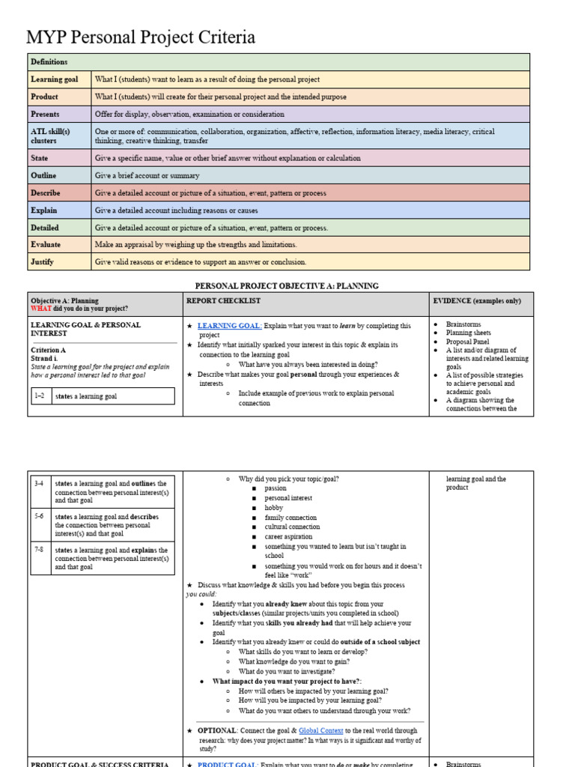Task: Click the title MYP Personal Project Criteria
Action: [x=141, y=37]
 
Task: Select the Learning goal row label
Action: [x=55, y=79]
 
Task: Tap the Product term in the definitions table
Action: [x=44, y=97]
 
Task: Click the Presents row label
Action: [x=45, y=114]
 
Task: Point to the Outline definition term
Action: [x=44, y=175]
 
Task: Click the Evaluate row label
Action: [x=46, y=244]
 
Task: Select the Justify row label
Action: [x=43, y=262]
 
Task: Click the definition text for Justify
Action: [x=201, y=262]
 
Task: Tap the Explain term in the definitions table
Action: [x=43, y=210]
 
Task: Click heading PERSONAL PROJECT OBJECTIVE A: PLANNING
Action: [x=287, y=285]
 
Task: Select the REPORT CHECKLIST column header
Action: [x=223, y=301]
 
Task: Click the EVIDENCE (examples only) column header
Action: [x=478, y=301]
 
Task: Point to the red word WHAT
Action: [x=41, y=309]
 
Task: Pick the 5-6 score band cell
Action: [x=39, y=516]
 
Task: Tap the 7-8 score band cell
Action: [x=39, y=550]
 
